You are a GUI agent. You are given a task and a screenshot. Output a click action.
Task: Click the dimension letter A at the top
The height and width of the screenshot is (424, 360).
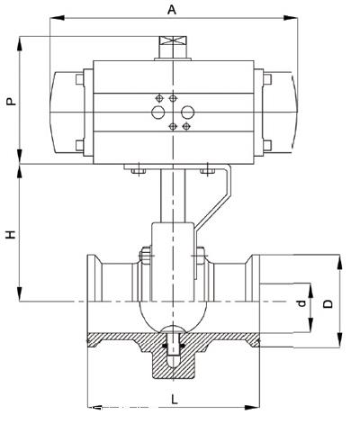click(x=172, y=10)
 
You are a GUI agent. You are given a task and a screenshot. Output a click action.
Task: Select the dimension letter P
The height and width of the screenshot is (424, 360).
click(x=12, y=101)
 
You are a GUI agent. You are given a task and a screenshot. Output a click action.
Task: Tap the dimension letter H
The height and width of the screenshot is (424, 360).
click(x=12, y=234)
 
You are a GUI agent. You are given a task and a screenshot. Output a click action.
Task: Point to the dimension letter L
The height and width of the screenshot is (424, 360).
click(x=175, y=400)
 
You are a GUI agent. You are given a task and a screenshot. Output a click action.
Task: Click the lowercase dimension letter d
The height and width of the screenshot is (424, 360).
click(x=301, y=303)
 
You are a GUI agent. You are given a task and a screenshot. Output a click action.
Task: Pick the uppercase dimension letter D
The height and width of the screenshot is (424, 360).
click(x=328, y=303)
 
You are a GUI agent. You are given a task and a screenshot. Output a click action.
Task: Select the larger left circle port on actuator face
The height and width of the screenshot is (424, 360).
click(x=158, y=113)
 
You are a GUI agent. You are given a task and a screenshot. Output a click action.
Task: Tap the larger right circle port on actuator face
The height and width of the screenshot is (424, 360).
click(x=188, y=113)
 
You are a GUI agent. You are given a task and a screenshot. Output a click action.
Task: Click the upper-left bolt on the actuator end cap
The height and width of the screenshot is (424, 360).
click(x=79, y=79)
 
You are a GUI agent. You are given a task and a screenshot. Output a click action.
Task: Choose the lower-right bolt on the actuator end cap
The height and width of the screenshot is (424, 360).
click(x=267, y=146)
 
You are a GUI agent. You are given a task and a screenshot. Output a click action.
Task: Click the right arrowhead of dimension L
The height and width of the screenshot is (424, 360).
click(x=252, y=408)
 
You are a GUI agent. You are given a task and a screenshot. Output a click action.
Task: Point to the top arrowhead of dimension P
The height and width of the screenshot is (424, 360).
click(x=20, y=44)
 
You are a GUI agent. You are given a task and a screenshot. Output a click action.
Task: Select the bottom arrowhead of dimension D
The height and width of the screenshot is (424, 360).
click(x=339, y=340)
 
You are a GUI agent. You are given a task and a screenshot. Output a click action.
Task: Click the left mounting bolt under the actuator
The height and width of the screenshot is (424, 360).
click(x=139, y=170)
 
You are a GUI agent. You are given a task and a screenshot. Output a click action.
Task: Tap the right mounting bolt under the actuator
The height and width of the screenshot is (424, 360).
click(x=208, y=170)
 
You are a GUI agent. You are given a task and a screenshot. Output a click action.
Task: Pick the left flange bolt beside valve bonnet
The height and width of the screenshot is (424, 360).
click(x=146, y=256)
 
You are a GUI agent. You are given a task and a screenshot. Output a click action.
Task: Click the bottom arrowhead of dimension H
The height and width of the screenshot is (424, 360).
click(x=20, y=293)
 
